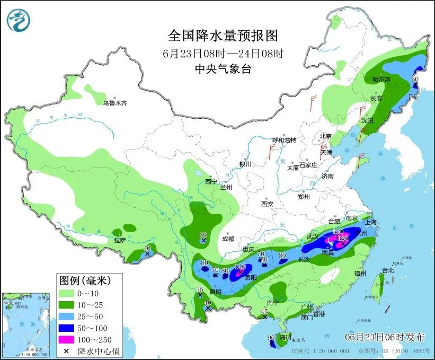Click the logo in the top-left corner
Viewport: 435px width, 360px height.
click(x=19, y=20)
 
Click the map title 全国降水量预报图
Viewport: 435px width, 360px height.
click(x=223, y=36)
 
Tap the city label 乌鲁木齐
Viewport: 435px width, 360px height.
click(x=115, y=103)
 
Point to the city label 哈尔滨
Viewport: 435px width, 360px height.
click(x=380, y=80)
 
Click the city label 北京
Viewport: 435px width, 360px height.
click(x=325, y=136)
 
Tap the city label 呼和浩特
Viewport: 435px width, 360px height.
click(x=284, y=140)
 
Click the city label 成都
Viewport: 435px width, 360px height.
click(x=228, y=239)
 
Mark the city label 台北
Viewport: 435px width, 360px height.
click(x=388, y=270)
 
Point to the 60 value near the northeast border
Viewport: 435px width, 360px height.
click(x=415, y=80)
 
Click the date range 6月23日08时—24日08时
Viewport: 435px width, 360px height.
click(x=223, y=54)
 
